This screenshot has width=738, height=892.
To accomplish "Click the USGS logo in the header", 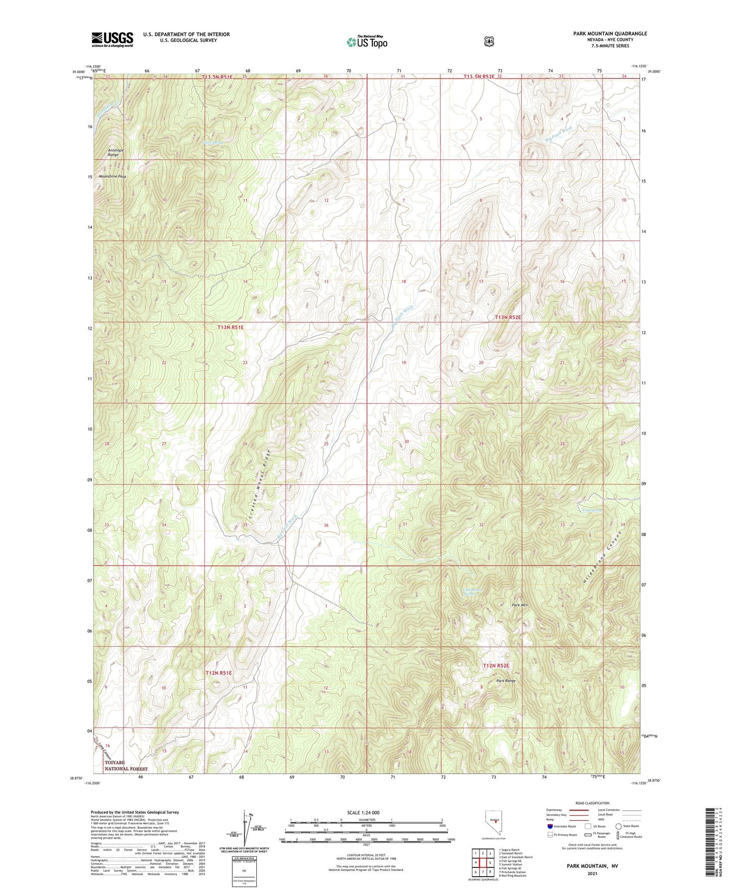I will click(112, 39).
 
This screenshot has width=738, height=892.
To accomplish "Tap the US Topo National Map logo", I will click(367, 41).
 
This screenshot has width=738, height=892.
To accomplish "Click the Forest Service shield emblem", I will click(489, 41).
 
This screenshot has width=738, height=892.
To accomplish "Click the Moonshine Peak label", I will click(112, 176).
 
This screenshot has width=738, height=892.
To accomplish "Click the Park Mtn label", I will click(520, 605).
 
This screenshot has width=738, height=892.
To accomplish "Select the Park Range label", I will click(506, 681).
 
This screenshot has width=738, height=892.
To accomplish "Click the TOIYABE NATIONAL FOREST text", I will click(126, 765).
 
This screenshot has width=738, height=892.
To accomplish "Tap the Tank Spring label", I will click(591, 510).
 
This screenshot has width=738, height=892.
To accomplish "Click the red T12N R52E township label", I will click(496, 666).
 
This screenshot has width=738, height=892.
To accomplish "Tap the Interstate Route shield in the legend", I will click(550, 826).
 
